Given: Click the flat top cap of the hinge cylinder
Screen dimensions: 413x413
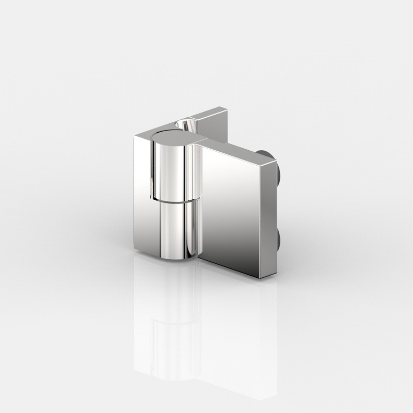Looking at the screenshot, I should pyautogui.click(x=172, y=136).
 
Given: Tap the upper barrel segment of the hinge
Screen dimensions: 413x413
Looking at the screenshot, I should pyautogui.click(x=170, y=170).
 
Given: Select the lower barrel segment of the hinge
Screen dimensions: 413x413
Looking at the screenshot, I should pyautogui.click(x=173, y=227).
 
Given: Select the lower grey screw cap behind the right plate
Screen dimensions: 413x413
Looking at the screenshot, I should pyautogui.click(x=279, y=239).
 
